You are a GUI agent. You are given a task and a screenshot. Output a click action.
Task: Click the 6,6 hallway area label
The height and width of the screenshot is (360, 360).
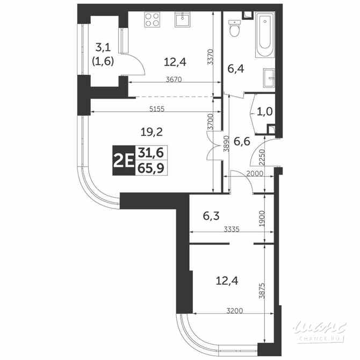[x=243, y=141]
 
